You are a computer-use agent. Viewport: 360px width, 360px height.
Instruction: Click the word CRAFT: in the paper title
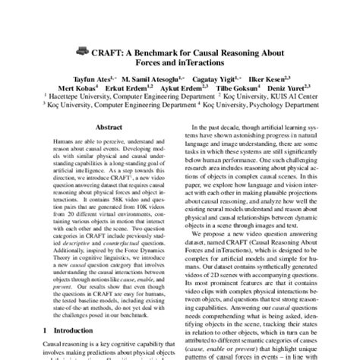(x=107, y=53)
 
